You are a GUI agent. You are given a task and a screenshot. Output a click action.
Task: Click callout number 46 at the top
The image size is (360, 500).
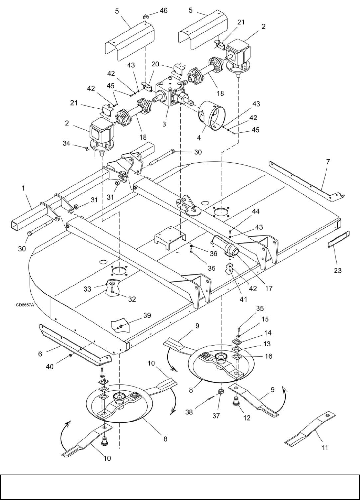point(163,11)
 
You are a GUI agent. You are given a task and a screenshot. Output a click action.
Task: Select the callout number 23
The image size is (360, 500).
point(338,271)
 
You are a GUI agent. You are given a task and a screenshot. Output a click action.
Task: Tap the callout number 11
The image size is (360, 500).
point(325,447)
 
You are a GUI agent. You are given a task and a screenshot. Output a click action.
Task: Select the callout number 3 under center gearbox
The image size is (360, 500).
point(164,124)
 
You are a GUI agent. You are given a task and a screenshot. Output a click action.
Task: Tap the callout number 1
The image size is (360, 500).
point(23,188)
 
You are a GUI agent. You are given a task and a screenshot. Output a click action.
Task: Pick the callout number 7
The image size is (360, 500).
point(328,161)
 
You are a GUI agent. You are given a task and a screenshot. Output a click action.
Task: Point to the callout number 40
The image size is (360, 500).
point(50,367)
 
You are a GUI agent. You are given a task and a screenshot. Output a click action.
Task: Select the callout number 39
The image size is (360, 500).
point(147,316)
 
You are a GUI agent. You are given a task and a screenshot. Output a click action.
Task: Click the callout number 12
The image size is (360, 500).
point(247,418)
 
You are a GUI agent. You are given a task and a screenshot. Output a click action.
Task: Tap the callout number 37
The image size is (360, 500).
point(216,416)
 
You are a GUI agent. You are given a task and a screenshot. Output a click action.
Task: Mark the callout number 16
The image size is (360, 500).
point(268,356)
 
